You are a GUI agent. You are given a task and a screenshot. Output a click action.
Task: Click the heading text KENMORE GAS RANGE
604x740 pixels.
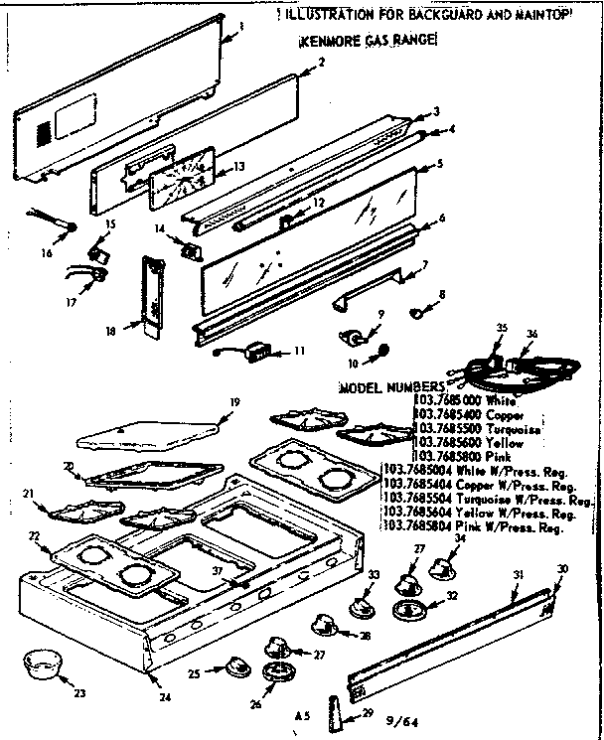(x=368, y=45)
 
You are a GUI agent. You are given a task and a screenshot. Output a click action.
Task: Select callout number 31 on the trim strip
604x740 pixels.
(x=518, y=575)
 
